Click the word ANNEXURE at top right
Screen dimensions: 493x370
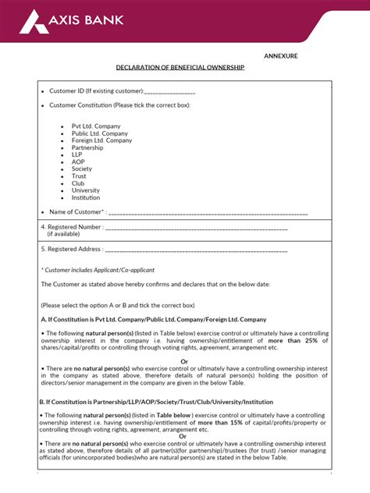tap(280, 56)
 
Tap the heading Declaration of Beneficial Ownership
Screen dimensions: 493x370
tap(180, 68)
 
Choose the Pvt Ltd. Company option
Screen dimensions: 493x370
tap(96, 126)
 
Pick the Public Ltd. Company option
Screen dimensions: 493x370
tap(100, 133)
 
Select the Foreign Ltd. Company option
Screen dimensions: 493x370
tap(101, 140)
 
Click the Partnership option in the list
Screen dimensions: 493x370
tap(87, 147)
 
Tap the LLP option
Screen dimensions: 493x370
tap(76, 154)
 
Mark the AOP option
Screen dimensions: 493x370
tap(78, 161)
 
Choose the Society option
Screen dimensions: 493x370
tap(82, 168)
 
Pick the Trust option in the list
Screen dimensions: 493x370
tap(79, 176)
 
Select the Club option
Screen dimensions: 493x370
tap(78, 183)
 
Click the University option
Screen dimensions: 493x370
tap(86, 190)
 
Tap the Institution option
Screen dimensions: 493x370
tap(86, 197)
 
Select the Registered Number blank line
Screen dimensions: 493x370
tap(196, 228)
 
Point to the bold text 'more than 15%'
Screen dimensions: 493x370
tap(251, 422)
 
